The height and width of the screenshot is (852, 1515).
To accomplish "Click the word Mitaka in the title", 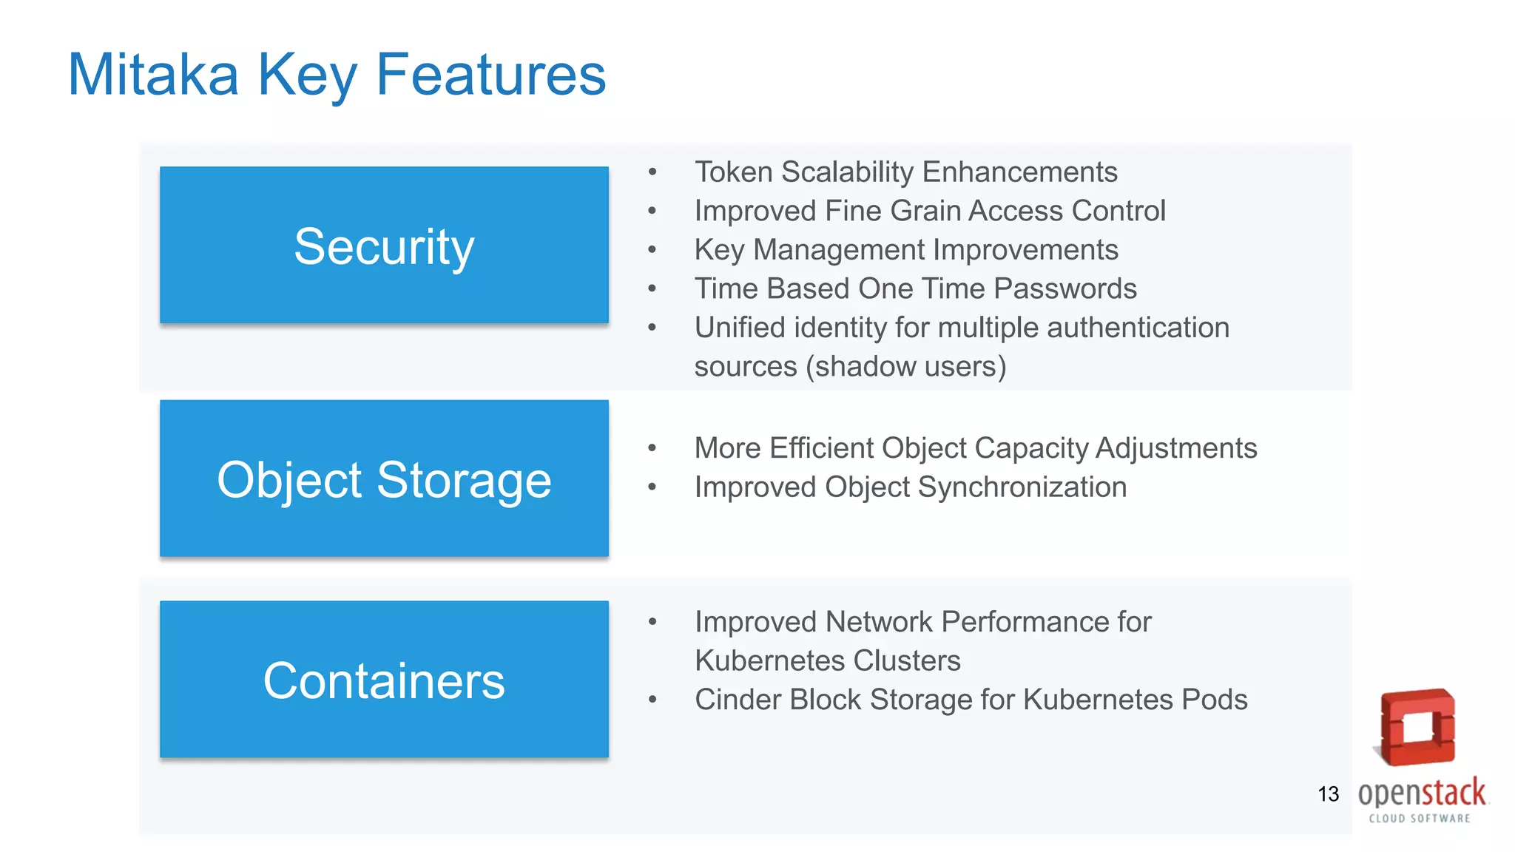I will click(x=153, y=75).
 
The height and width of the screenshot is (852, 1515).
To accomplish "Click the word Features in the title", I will click(x=490, y=75).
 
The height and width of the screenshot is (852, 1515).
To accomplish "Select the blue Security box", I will click(x=384, y=245).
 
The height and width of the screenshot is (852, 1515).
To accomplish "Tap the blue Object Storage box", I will click(x=384, y=479).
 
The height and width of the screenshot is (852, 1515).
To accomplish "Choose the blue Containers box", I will click(x=384, y=680).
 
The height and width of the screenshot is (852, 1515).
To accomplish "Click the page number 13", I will click(x=1328, y=794).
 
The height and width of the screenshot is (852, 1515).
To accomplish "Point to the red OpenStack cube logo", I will click(x=1417, y=728).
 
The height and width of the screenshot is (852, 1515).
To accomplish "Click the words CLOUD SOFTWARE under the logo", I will click(x=1420, y=818).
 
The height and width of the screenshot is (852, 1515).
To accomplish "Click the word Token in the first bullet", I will click(x=733, y=172).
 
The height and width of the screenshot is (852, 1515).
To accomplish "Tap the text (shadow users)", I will click(x=905, y=367).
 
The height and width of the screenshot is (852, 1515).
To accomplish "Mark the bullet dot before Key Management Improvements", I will click(x=652, y=250).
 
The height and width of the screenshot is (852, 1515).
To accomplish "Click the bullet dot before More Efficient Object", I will click(x=652, y=448).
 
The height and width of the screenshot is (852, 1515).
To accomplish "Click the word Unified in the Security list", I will click(x=740, y=328).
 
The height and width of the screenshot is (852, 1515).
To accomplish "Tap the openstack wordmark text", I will click(x=1421, y=794).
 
